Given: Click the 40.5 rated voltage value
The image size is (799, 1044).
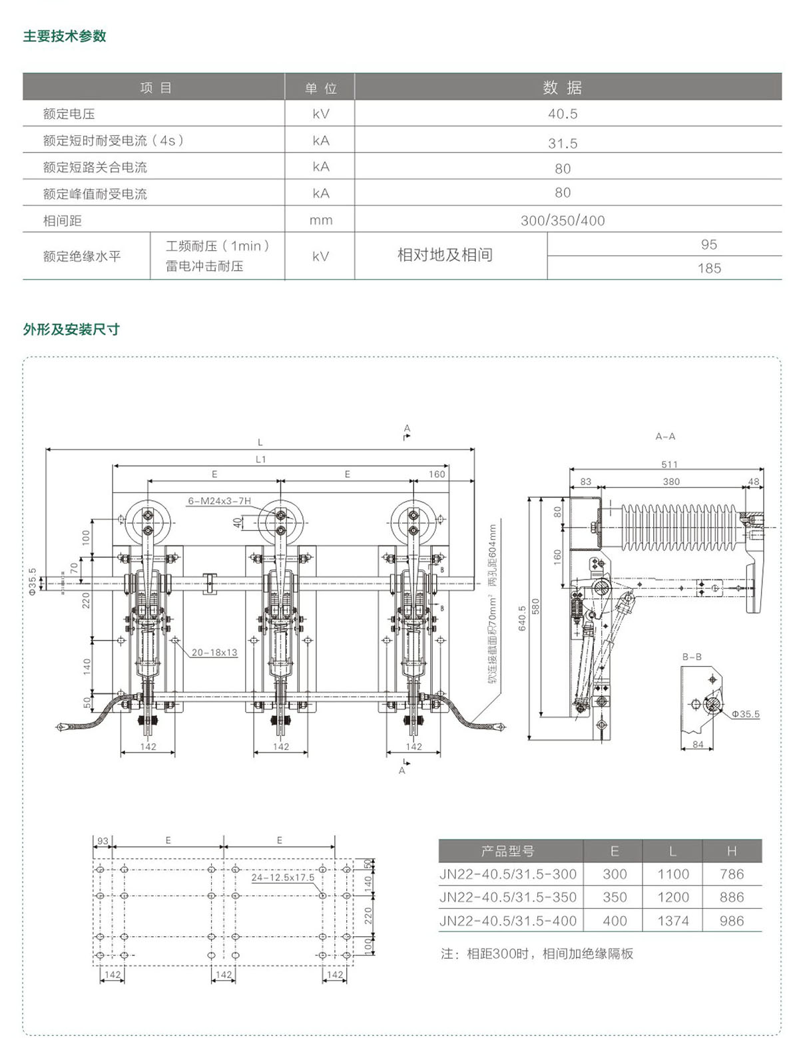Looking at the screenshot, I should click(563, 114).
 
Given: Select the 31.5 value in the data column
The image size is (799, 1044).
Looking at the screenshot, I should click(563, 143).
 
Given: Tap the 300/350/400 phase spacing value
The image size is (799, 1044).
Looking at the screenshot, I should click(563, 220).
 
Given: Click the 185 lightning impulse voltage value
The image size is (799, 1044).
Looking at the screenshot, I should click(709, 268).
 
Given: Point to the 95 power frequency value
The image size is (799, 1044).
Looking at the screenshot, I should click(709, 244).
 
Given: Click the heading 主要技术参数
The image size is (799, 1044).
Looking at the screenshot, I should click(65, 36).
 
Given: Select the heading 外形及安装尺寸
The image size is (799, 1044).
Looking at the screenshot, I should click(71, 329).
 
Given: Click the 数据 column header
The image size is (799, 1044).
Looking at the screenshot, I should click(563, 87).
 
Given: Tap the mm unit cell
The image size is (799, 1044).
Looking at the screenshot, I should click(320, 220).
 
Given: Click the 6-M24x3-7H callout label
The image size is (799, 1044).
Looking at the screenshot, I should click(219, 500).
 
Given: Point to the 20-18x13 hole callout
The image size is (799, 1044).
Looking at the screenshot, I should click(214, 652).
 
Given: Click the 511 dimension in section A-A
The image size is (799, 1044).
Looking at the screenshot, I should click(669, 464).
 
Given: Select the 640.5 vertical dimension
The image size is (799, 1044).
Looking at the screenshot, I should click(522, 617).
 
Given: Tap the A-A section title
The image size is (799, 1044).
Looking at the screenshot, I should click(665, 436).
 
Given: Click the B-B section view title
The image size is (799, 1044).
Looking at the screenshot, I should click(692, 657).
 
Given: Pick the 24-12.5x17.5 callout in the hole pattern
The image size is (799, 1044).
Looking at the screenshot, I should click(282, 877).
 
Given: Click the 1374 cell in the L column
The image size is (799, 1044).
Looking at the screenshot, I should click(673, 921).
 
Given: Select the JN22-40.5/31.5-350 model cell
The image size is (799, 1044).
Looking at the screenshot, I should click(508, 897).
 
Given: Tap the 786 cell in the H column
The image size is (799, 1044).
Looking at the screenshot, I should click(731, 874).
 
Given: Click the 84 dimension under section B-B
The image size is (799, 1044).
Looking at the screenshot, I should click(698, 744).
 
